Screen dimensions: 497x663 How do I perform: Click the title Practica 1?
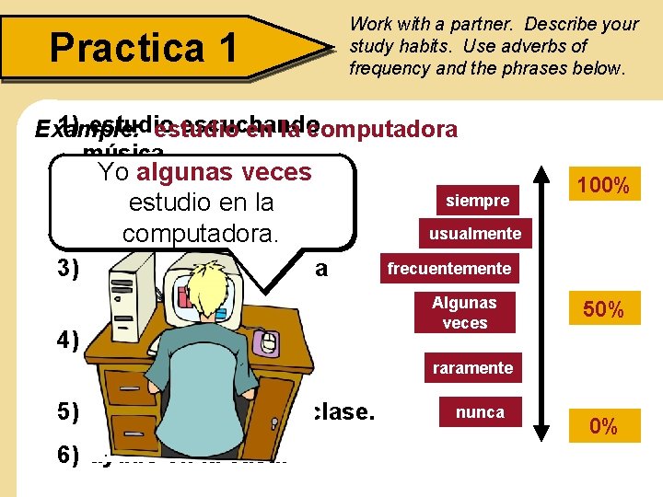click(x=144, y=46)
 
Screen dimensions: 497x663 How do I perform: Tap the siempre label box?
click(x=477, y=200)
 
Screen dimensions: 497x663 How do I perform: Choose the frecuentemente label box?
click(x=448, y=269)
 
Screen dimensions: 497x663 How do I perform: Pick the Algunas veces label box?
click(x=464, y=313)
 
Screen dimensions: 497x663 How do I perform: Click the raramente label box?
click(x=472, y=367)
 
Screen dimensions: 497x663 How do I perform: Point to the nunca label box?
click(x=480, y=412)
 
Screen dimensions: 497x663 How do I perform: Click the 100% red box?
click(x=603, y=187)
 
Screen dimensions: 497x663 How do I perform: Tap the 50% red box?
click(x=603, y=310)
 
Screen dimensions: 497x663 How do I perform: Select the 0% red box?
click(x=603, y=426)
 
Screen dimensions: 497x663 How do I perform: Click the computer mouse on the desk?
click(x=268, y=343)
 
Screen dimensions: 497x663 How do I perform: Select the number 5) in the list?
click(x=67, y=411)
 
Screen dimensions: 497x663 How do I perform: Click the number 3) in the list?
click(x=67, y=269)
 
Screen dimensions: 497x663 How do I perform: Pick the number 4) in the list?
click(x=67, y=340)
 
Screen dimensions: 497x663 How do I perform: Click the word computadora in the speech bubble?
click(x=200, y=233)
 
